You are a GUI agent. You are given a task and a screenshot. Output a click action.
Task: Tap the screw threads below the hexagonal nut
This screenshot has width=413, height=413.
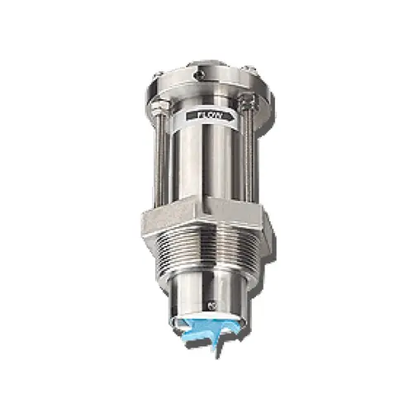(206, 256)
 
